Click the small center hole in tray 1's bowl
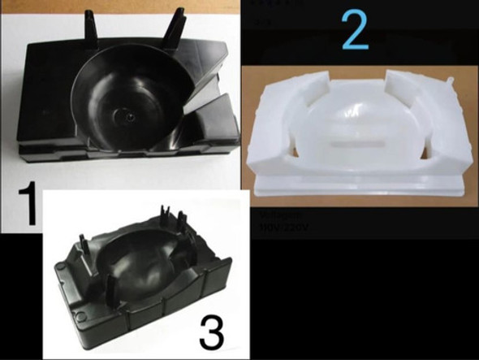coord(131,119)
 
